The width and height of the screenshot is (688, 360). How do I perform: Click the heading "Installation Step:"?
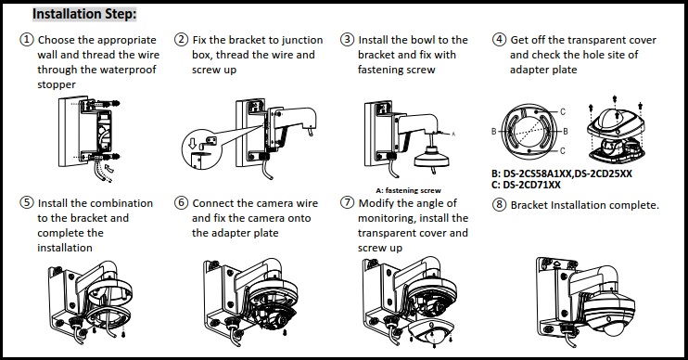(84, 16)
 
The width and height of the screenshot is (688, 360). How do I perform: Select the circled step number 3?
(347, 41)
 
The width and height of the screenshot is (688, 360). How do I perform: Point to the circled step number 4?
(500, 41)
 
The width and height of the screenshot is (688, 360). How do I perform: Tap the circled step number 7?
(347, 203)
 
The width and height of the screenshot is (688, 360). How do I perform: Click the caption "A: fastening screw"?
(408, 190)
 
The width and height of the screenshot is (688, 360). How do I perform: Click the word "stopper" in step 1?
(57, 85)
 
